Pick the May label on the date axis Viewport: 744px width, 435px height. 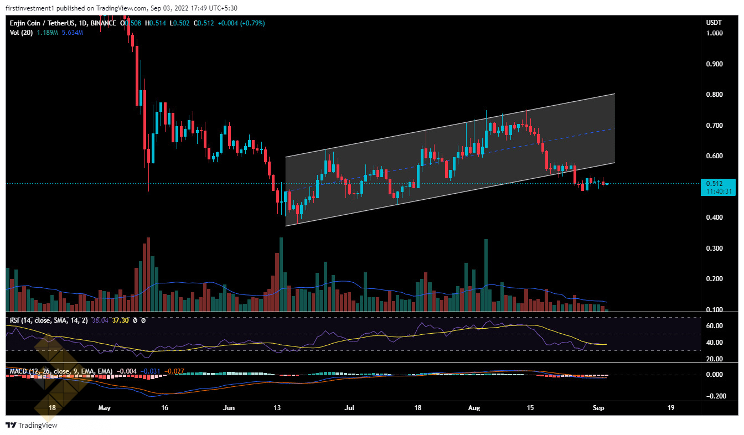click(x=105, y=408)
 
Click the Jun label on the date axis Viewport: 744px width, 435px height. click(x=229, y=408)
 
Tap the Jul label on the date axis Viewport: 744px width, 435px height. click(x=349, y=408)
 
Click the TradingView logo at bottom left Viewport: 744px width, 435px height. click(x=32, y=425)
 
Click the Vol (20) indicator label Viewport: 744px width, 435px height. click(x=20, y=33)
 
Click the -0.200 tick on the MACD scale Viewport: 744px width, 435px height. click(x=716, y=396)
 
